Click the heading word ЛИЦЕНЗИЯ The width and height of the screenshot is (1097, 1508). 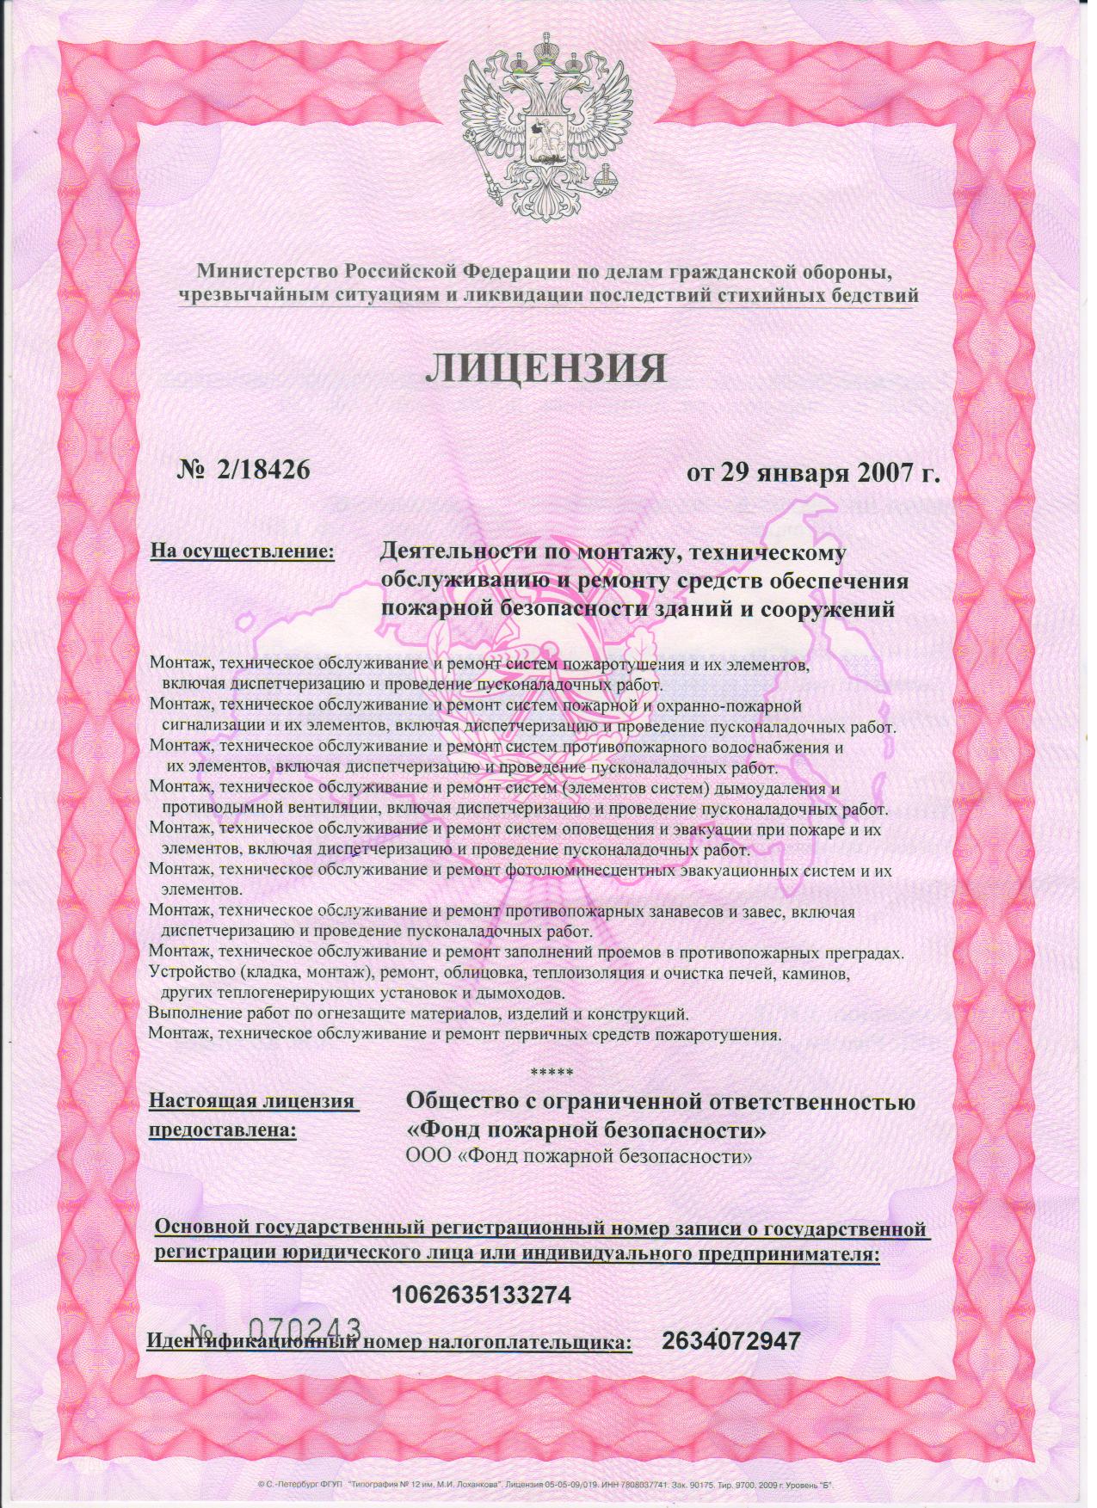click(547, 368)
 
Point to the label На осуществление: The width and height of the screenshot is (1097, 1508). click(242, 549)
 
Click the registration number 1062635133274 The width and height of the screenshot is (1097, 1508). click(481, 1293)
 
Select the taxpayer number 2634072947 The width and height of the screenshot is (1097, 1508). click(732, 1340)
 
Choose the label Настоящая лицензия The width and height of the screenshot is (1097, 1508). click(253, 1101)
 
